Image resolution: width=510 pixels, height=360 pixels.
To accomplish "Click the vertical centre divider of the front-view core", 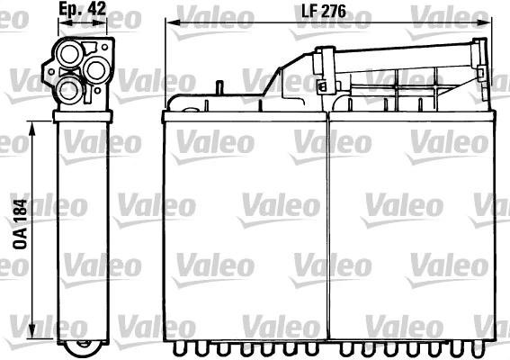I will pyautogui.click(x=329, y=225).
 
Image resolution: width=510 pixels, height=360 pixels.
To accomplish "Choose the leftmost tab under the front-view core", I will pyautogui.click(x=177, y=346).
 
